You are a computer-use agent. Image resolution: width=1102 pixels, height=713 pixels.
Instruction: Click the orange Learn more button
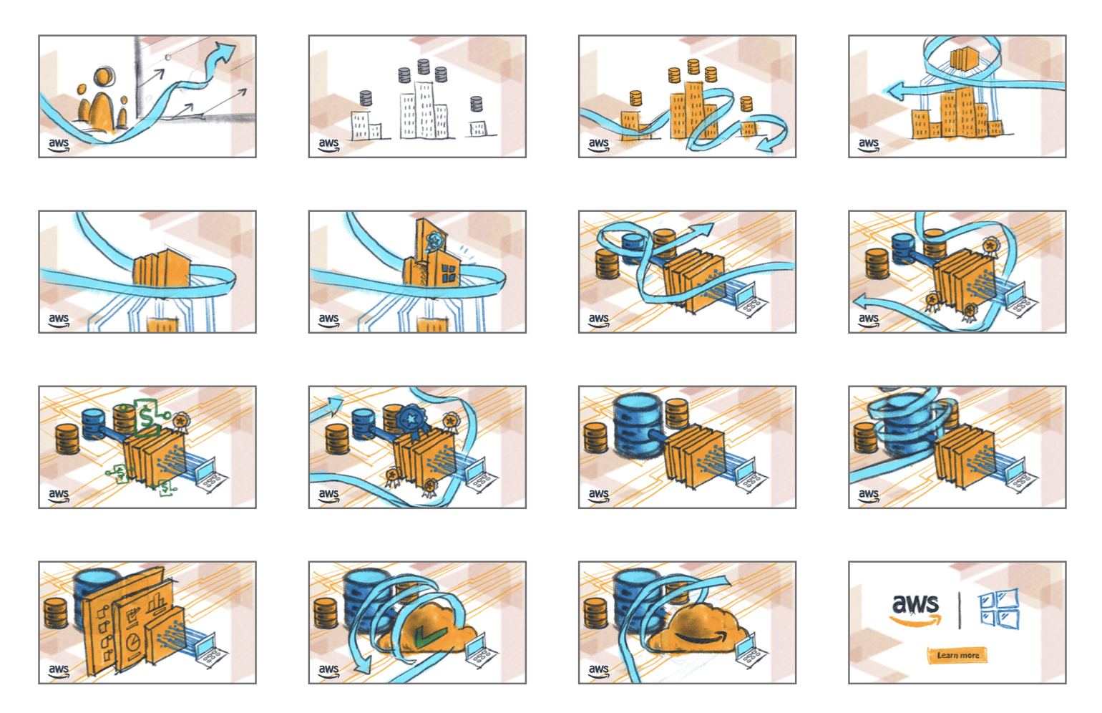pos(957,655)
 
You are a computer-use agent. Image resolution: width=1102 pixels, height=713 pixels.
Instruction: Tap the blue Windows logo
pos(999,608)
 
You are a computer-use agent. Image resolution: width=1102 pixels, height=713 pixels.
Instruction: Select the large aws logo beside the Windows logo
pos(915,609)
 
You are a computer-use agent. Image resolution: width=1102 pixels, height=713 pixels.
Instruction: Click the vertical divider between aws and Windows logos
pos(960,611)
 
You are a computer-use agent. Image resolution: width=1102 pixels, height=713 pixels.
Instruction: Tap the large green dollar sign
pos(146,418)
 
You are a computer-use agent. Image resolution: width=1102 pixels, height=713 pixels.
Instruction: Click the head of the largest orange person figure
pos(103,78)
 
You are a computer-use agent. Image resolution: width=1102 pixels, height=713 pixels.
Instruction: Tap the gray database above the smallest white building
pos(476,104)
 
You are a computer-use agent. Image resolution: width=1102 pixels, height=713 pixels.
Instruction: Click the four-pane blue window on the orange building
pos(449,273)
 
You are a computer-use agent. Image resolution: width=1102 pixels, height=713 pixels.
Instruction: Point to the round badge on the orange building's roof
pos(435,241)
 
